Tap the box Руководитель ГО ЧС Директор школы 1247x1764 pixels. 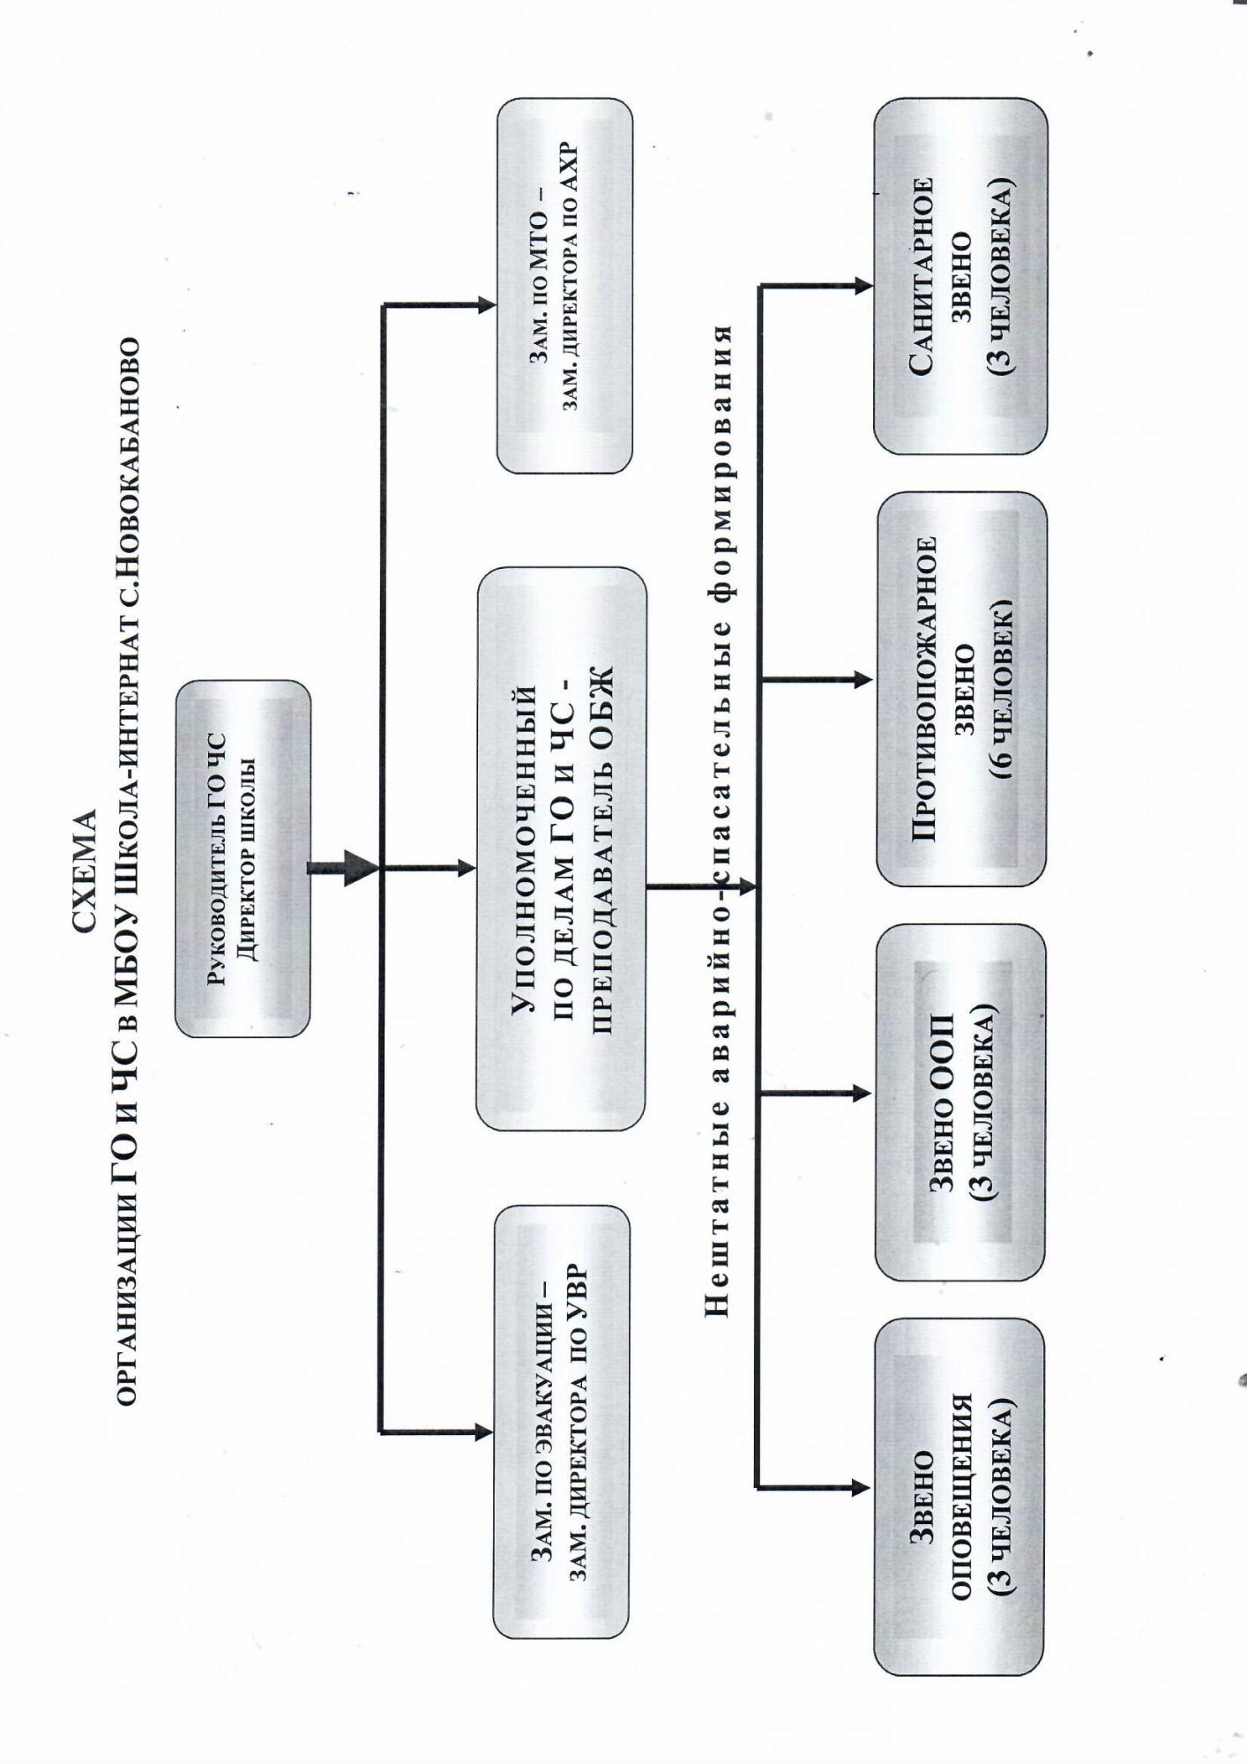click(243, 858)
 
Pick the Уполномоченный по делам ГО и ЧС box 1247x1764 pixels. click(561, 848)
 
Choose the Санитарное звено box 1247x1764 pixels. click(960, 276)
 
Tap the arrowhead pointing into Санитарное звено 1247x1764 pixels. click(863, 286)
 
